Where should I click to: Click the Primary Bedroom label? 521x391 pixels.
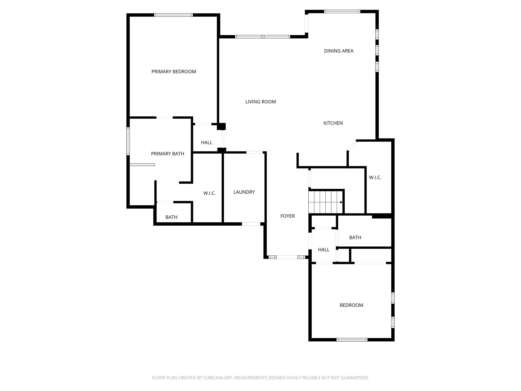pyautogui.click(x=174, y=72)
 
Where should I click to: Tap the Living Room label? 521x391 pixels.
pyautogui.click(x=261, y=102)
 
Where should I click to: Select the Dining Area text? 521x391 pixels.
pyautogui.click(x=339, y=51)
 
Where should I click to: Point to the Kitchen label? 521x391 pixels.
pyautogui.click(x=333, y=123)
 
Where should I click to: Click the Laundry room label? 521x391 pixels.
pyautogui.click(x=244, y=192)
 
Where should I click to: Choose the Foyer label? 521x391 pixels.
pyautogui.click(x=287, y=216)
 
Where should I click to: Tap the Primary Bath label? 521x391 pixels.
pyautogui.click(x=168, y=154)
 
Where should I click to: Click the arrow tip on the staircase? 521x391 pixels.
pyautogui.click(x=342, y=202)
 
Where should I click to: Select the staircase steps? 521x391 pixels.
pyautogui.click(x=325, y=202)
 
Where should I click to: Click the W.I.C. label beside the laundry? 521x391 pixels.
pyautogui.click(x=210, y=193)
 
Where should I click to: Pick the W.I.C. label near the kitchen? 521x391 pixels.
pyautogui.click(x=375, y=178)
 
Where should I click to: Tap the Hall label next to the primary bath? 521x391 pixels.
pyautogui.click(x=207, y=143)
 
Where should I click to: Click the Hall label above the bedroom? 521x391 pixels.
pyautogui.click(x=324, y=250)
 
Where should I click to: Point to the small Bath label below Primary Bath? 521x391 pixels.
pyautogui.click(x=171, y=217)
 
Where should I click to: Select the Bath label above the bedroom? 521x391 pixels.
pyautogui.click(x=355, y=238)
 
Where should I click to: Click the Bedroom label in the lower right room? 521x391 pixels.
pyautogui.click(x=351, y=305)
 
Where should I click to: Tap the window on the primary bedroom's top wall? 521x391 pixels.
pyautogui.click(x=173, y=15)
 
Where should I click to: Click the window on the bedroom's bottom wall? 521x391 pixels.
pyautogui.click(x=352, y=340)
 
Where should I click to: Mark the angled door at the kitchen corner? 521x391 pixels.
pyautogui.click(x=352, y=146)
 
